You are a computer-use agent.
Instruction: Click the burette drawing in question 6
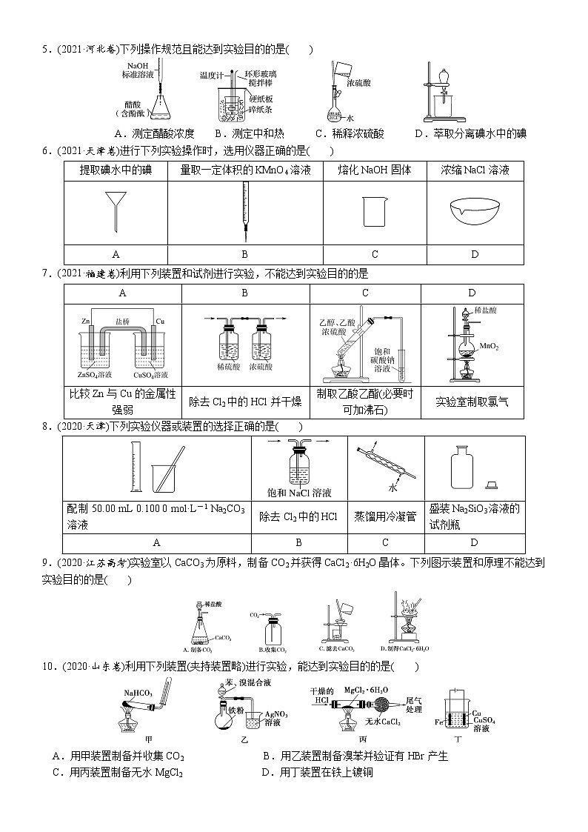[x=244, y=212]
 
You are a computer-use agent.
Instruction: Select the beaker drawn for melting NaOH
[x=375, y=211]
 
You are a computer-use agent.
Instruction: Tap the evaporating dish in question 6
[x=475, y=210]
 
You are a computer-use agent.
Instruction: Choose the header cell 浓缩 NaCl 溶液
[x=475, y=170]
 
